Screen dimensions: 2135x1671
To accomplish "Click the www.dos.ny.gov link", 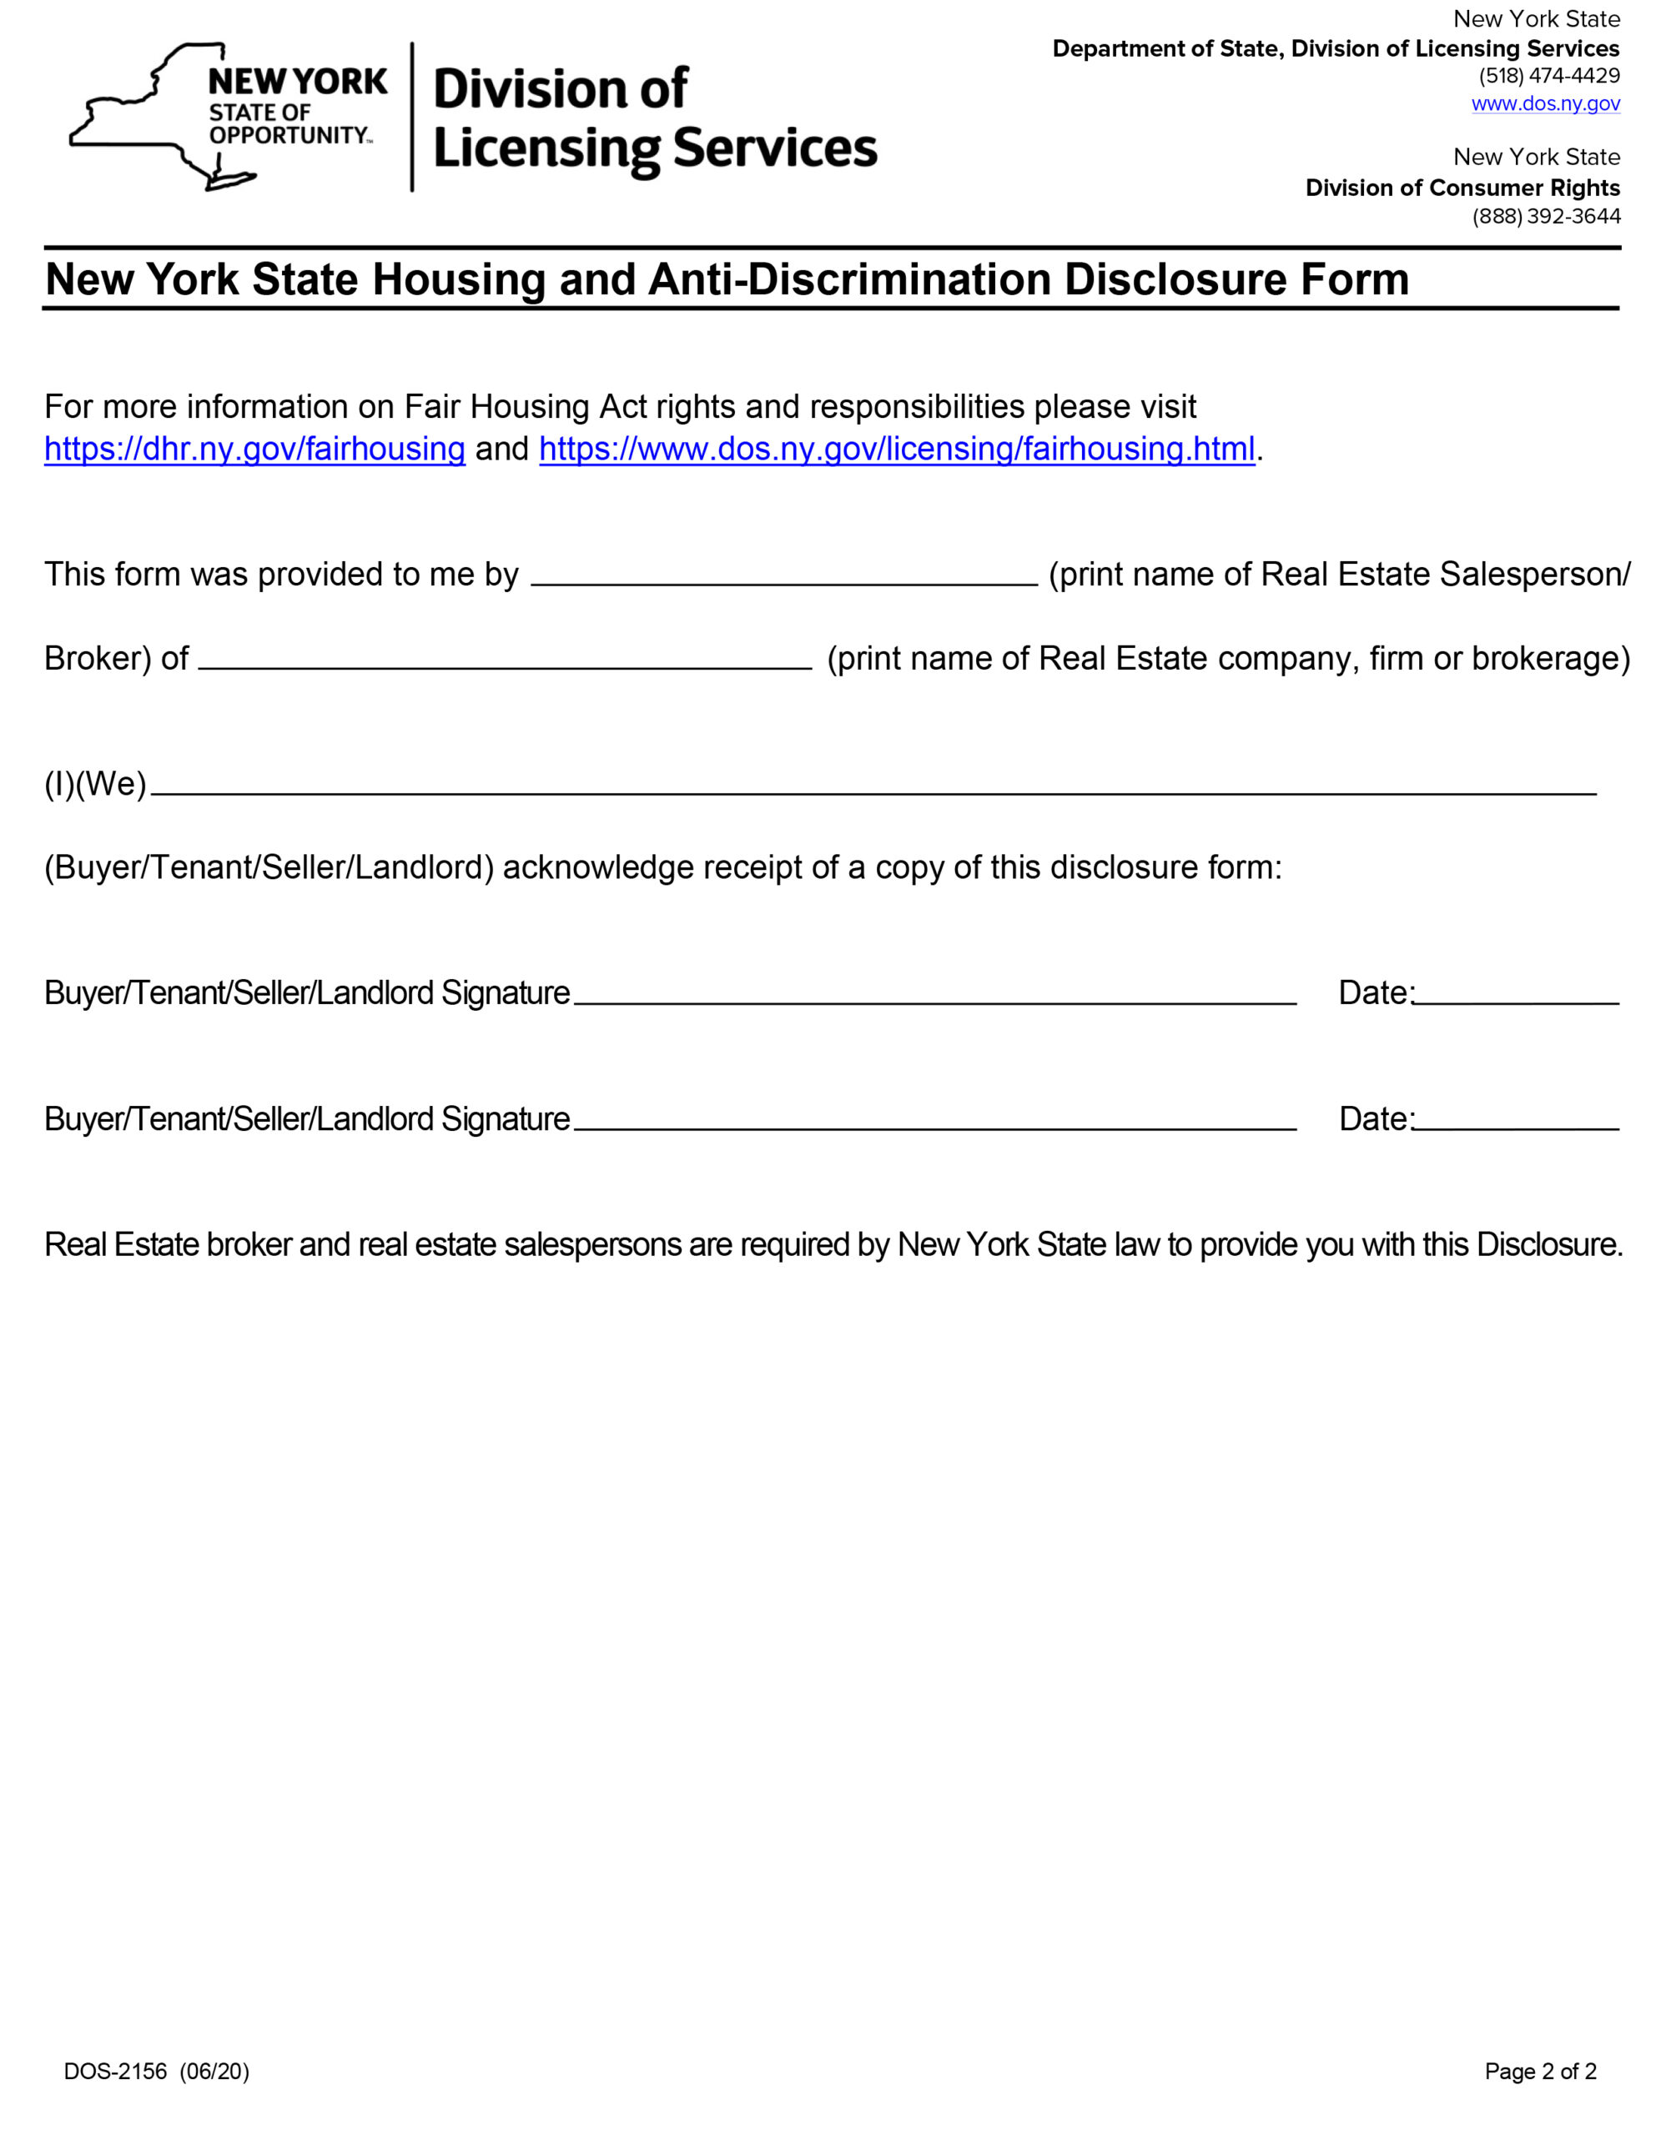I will click(x=1545, y=103).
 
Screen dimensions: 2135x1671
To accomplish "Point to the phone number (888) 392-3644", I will click(x=1546, y=216).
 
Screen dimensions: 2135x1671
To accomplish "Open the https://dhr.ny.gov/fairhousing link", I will click(x=254, y=449).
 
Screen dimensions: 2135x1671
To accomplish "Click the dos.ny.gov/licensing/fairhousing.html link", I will click(x=896, y=449).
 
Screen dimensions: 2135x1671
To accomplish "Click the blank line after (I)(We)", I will click(x=873, y=785).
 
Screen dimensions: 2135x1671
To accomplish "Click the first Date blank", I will click(x=1517, y=995).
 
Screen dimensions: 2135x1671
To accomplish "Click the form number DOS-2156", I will click(x=115, y=2072).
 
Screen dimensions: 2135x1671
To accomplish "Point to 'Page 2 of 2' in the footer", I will click(x=1540, y=2072).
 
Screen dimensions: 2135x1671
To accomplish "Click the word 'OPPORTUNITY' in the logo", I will click(x=289, y=135).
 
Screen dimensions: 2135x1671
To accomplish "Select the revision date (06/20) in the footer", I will click(x=214, y=2072).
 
